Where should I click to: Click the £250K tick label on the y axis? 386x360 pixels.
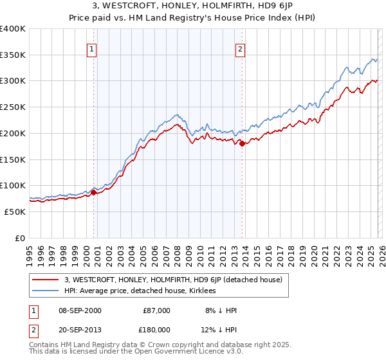(x=13, y=107)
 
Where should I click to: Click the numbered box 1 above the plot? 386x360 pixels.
(x=92, y=49)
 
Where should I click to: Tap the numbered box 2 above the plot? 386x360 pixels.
(x=241, y=49)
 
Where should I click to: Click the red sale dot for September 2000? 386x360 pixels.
(x=94, y=192)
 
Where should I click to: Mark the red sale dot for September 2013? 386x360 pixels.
(x=242, y=143)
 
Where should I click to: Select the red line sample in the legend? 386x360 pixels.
(x=45, y=280)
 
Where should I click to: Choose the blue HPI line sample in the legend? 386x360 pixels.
(x=45, y=291)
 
